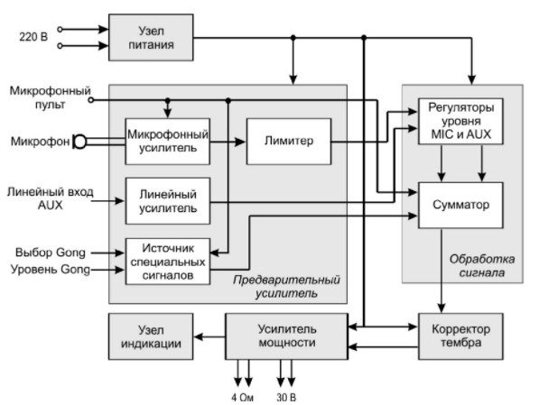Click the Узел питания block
point(151,38)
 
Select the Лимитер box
point(289,142)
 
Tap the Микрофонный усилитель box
point(167,142)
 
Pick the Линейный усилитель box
point(167,201)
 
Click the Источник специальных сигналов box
point(167,262)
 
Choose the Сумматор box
point(460,205)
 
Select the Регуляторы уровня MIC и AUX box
point(460,121)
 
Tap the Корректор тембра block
point(460,336)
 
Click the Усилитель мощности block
point(287,336)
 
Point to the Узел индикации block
point(151,336)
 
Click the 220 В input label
point(33,37)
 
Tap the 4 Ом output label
point(242,398)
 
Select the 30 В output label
point(286,398)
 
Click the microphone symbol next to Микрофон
point(79,142)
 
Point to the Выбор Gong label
point(51,253)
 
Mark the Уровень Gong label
point(51,269)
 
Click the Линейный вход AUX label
point(51,198)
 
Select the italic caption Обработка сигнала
point(482,266)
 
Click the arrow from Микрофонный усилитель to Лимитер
point(228,142)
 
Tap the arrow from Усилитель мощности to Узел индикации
point(209,336)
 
